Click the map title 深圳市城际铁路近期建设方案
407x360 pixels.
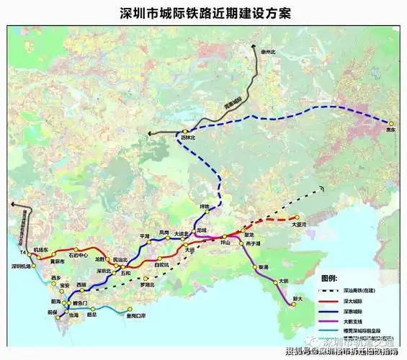coord(202,12)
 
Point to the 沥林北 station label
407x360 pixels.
coord(188,137)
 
